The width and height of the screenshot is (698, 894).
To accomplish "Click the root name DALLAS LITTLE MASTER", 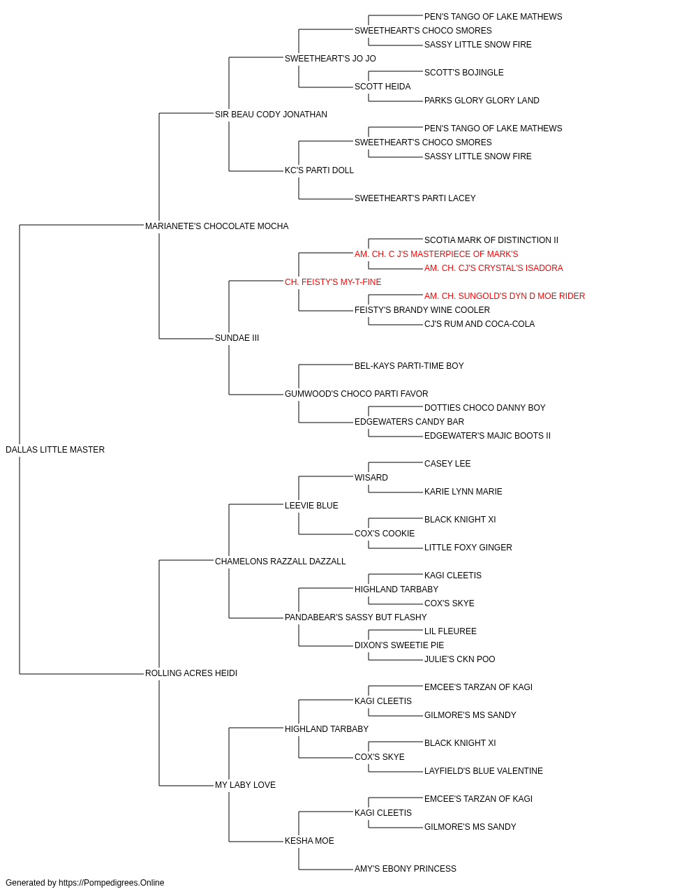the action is [55, 450].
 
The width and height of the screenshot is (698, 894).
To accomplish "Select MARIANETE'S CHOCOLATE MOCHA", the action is [216, 226].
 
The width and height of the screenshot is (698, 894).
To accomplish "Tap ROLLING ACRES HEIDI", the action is [191, 673].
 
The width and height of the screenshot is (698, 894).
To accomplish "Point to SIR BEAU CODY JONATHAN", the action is [271, 115].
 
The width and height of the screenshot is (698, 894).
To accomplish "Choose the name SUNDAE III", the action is [237, 338].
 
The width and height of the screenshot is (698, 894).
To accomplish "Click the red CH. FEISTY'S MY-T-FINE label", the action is [333, 282].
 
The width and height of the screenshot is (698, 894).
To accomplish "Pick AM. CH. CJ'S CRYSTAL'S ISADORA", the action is [493, 268].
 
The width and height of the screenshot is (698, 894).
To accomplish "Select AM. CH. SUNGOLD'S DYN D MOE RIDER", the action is [505, 296].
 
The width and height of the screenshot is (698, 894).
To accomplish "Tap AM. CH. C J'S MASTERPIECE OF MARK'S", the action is [436, 254].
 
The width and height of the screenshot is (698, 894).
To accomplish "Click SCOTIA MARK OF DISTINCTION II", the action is [491, 240].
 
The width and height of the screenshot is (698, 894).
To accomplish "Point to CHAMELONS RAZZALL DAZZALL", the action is [281, 562].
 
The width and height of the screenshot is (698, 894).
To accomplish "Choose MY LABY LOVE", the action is [245, 785].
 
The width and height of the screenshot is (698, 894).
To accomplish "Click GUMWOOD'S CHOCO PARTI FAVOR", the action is [357, 394].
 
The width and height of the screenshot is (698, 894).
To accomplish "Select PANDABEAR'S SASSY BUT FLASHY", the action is [355, 617].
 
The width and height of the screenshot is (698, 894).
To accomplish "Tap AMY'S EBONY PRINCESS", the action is [406, 869].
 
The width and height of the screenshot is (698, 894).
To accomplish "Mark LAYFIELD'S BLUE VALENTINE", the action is [484, 771].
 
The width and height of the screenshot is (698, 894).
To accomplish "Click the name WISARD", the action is [371, 478].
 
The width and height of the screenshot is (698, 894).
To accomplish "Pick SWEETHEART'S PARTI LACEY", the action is [415, 198].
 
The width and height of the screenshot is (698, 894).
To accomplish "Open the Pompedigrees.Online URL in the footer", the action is [111, 883].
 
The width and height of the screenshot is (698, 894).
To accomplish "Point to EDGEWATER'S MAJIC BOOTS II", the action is [487, 436].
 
